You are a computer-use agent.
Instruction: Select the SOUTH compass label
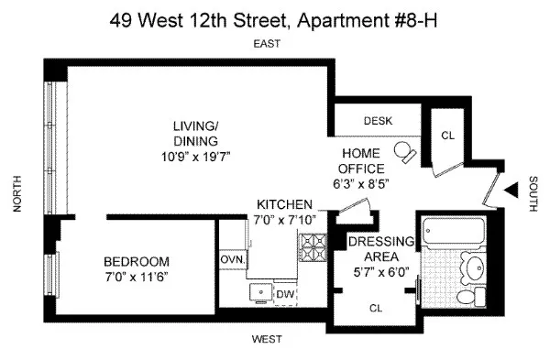coord(533,195)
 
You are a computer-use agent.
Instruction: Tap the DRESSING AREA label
coord(382,248)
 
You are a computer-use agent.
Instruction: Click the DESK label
coord(378,120)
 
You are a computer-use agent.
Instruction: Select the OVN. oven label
coord(233,259)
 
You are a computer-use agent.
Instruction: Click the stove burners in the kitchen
coord(313,246)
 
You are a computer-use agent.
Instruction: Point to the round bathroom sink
coord(474,268)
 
